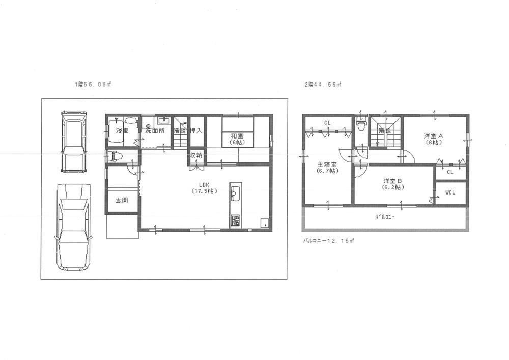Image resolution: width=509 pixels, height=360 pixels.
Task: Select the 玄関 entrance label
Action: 122,200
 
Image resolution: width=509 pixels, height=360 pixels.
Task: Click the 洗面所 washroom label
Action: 155,131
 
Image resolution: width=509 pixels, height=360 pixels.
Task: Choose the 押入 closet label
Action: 196,131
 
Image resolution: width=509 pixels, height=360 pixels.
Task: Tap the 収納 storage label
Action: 196,155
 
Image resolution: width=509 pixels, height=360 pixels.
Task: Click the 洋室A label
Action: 434,139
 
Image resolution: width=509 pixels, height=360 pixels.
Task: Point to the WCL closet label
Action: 450,193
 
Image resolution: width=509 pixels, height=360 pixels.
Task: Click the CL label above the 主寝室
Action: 328,123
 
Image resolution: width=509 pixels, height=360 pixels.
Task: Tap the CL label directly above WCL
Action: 450,172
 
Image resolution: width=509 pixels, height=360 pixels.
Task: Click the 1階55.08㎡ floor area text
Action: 92,85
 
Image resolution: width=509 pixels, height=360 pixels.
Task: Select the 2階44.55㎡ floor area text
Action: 323,85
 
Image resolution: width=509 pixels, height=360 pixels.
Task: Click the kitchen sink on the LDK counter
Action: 236,192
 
